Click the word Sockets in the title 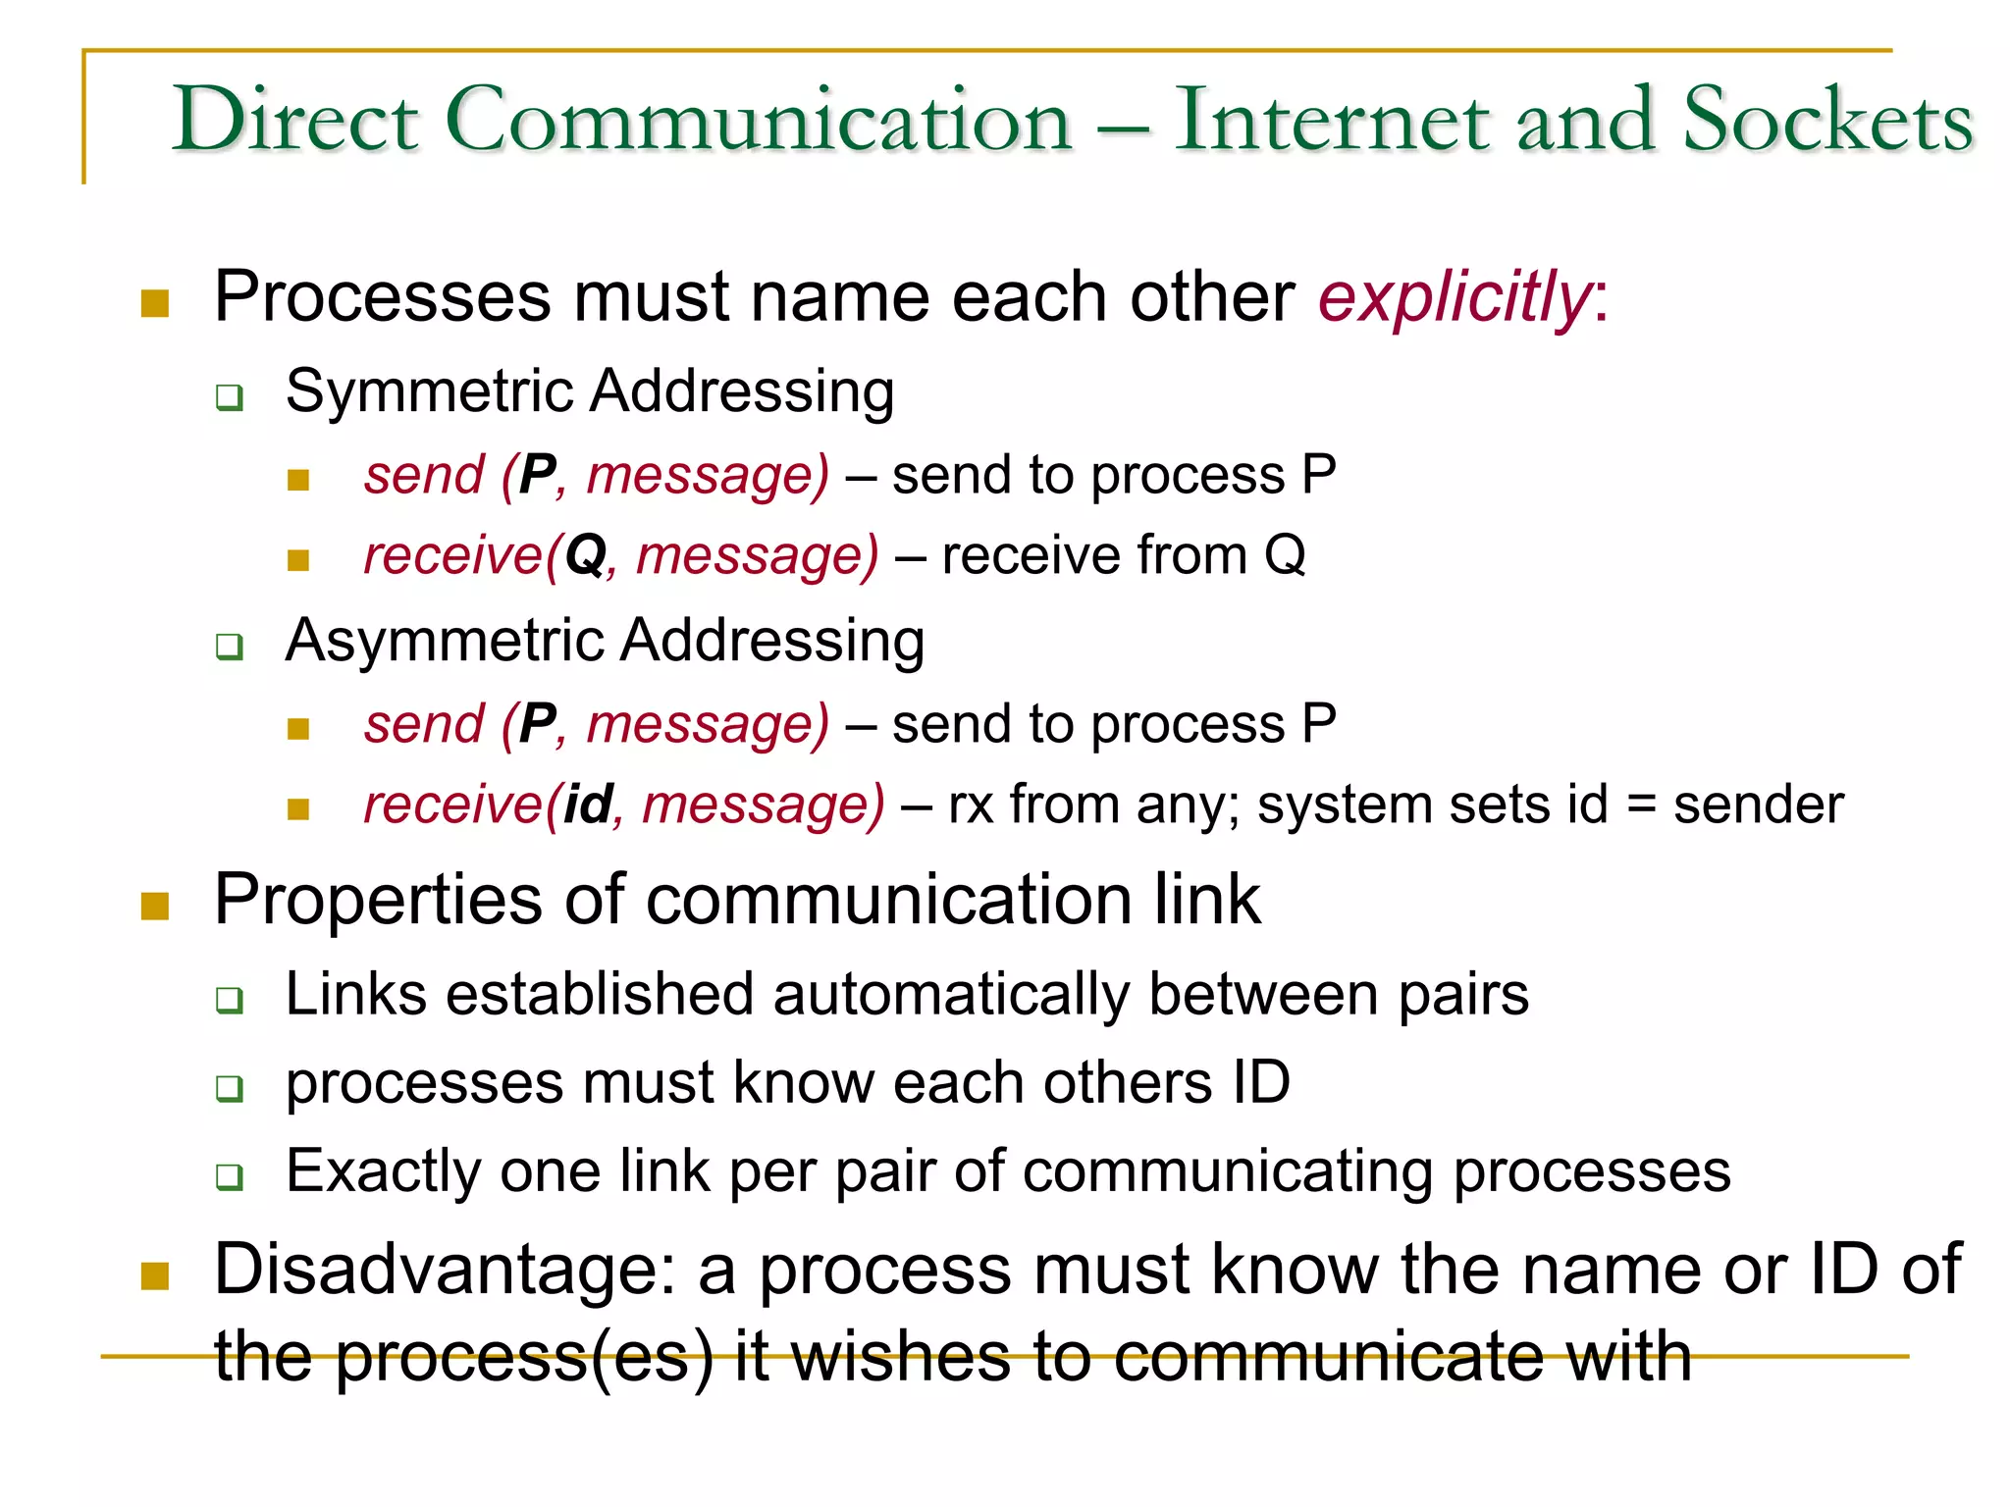[x=1826, y=120]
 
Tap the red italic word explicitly [x=1453, y=297]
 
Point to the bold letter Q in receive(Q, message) [x=586, y=556]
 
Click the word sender [x=1758, y=805]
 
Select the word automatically [x=951, y=995]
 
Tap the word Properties [x=378, y=901]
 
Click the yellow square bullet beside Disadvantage [x=155, y=1275]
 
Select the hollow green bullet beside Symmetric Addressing [x=230, y=398]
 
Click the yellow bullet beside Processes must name [x=155, y=303]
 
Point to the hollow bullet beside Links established [x=230, y=1001]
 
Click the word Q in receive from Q [x=1285, y=556]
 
